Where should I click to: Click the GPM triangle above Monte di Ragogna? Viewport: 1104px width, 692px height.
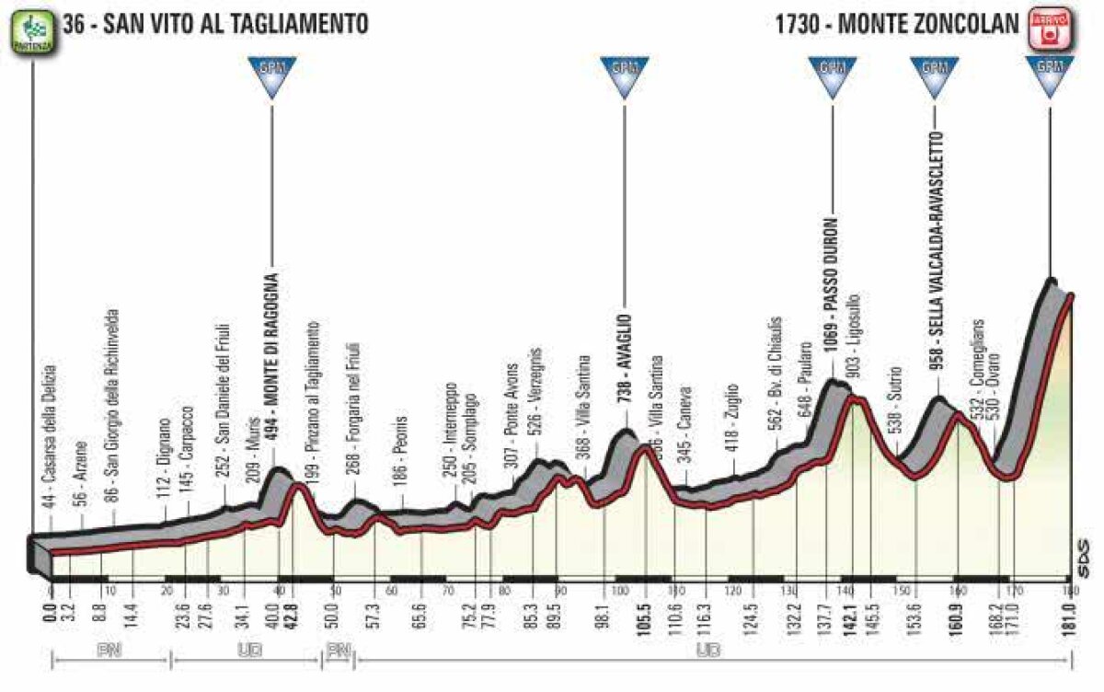click(272, 76)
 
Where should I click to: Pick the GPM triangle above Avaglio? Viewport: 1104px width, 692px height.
click(625, 76)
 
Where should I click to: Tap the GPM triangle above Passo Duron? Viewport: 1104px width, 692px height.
click(833, 76)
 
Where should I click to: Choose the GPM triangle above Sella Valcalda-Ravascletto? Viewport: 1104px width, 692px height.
click(935, 76)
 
